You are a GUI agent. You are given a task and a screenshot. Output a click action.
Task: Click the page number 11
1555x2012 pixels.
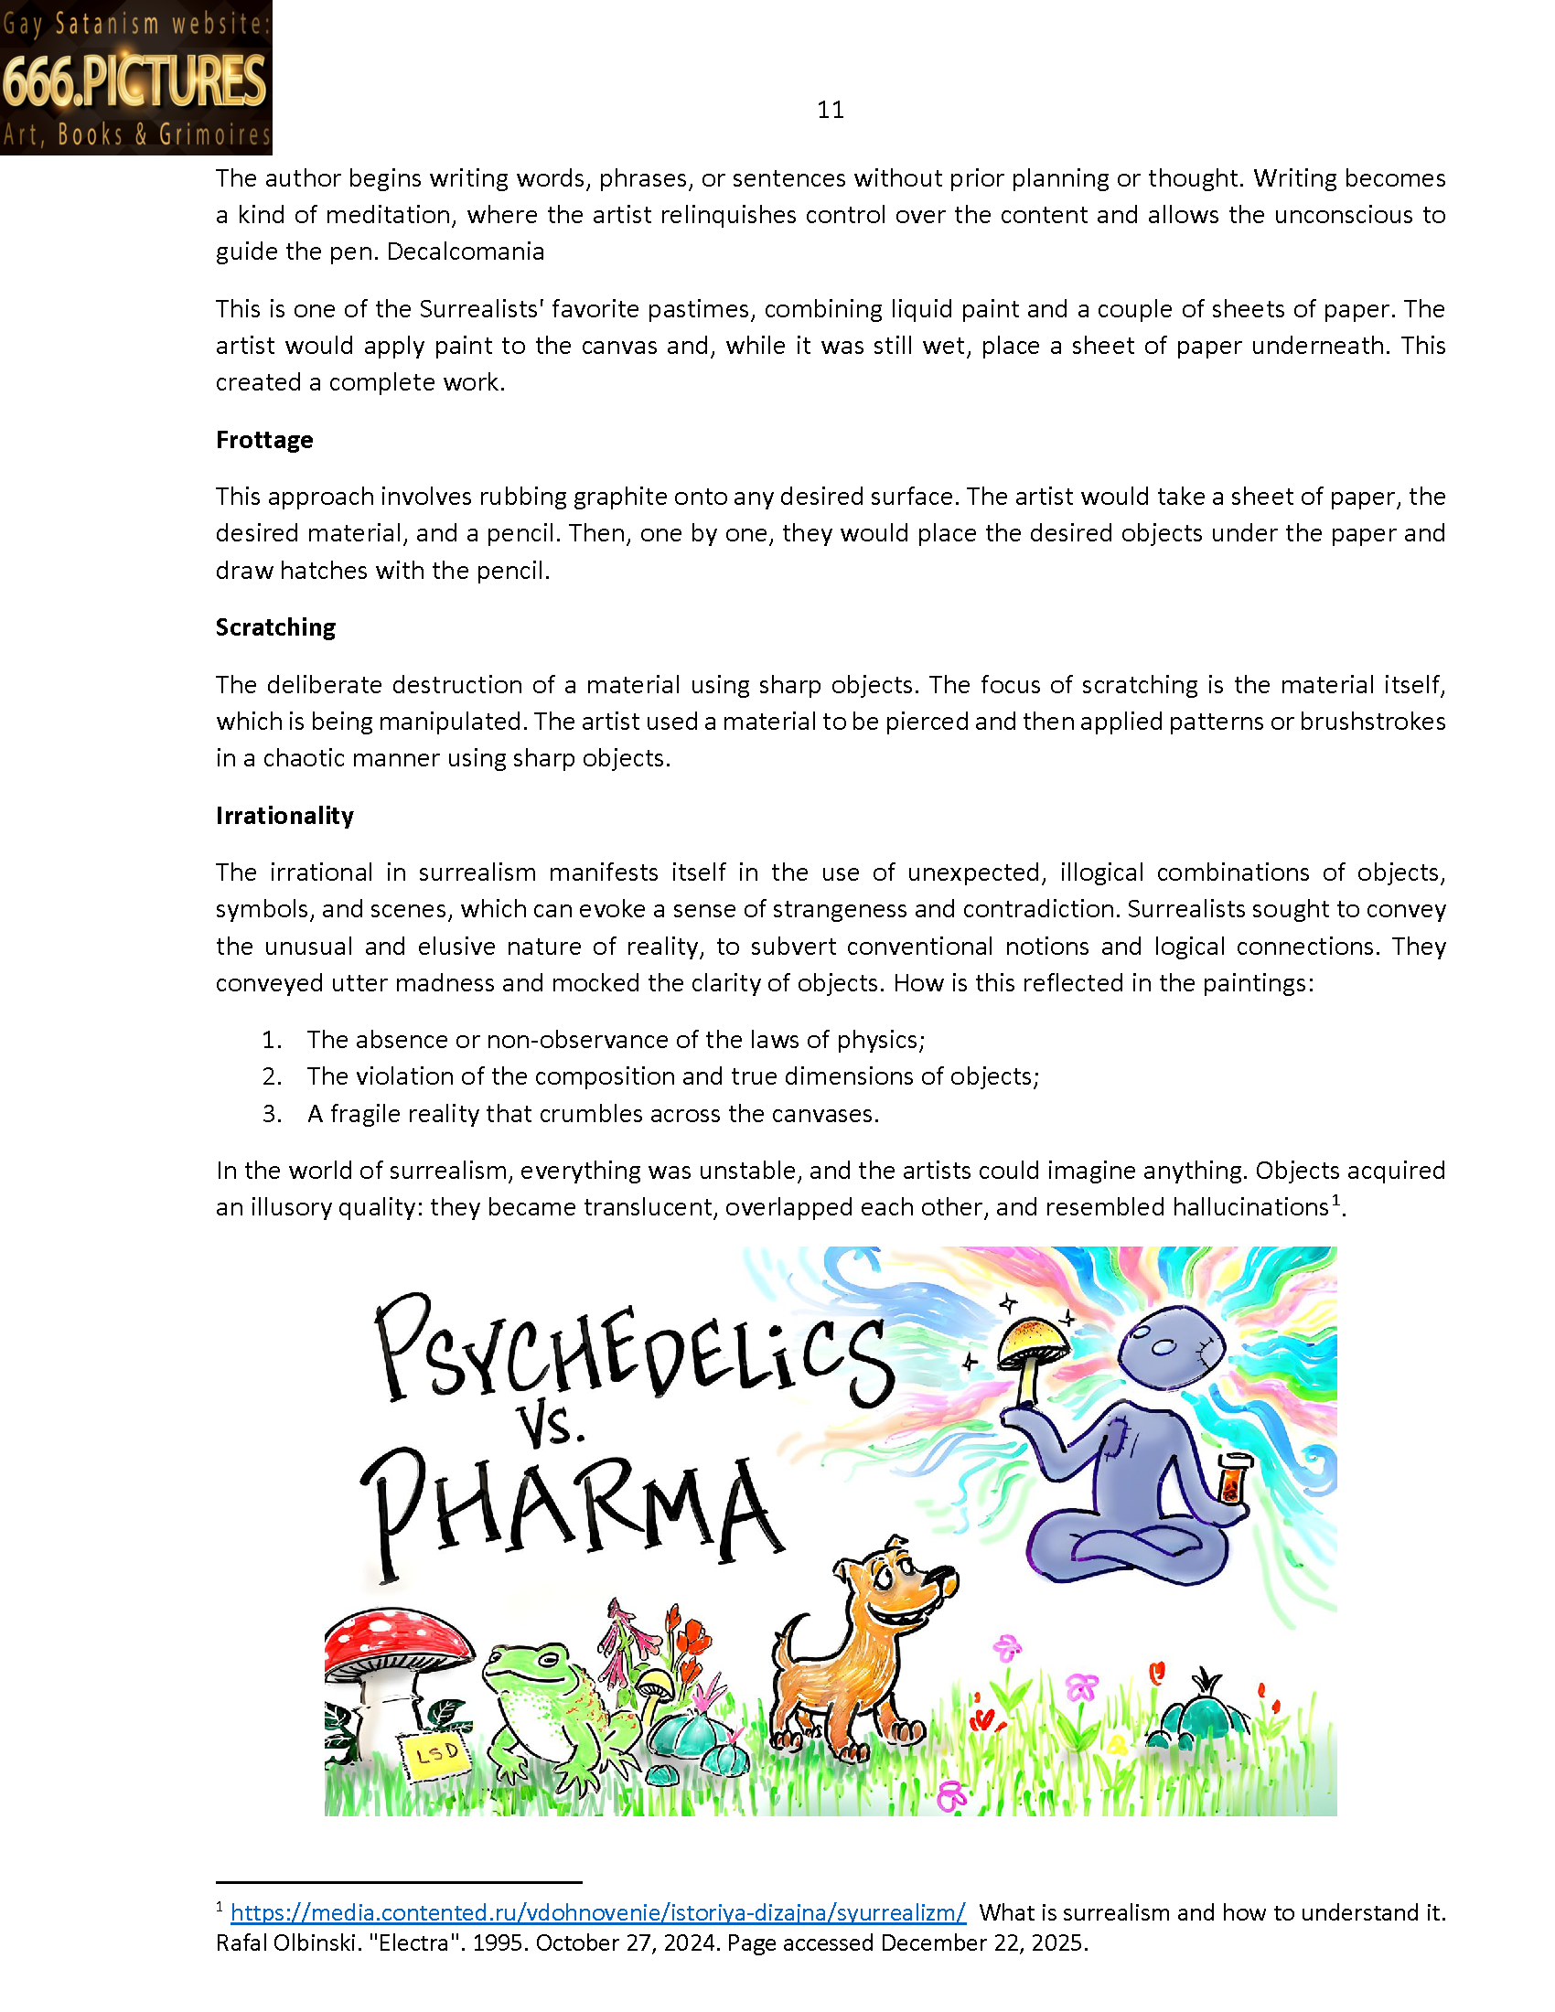830,111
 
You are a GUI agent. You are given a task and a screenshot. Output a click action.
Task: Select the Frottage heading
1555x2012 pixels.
264,441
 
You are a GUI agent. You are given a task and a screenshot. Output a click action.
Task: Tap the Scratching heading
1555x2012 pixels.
275,627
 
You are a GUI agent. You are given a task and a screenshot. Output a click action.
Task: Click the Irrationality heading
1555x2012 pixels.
284,816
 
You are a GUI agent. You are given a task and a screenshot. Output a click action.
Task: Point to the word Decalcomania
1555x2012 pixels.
466,251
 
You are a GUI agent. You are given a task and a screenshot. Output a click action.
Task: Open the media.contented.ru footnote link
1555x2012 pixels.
598,1912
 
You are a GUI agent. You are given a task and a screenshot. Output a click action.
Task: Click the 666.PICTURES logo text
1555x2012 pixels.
134,80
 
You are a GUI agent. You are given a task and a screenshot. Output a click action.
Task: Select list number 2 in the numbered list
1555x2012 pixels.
272,1077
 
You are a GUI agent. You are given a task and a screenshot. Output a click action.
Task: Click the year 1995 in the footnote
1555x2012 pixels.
499,1942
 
